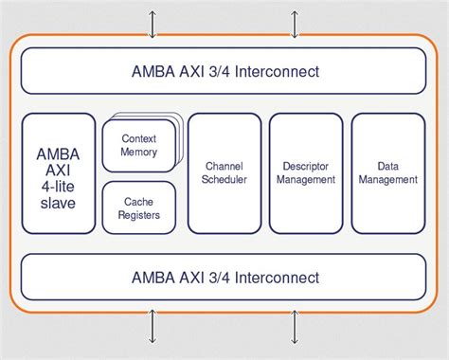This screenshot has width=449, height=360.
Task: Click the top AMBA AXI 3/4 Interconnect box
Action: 224,71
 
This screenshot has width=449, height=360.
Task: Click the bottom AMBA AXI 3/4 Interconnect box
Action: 224,278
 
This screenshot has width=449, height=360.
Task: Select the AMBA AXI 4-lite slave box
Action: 58,173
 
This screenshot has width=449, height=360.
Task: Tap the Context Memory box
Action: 139,145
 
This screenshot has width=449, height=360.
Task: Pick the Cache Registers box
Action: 139,208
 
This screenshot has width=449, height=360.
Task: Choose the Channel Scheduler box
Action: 224,173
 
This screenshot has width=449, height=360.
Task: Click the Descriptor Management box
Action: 306,173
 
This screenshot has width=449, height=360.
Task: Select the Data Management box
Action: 387,173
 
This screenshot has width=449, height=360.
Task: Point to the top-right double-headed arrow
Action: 295,24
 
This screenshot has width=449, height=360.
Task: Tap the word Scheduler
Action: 224,179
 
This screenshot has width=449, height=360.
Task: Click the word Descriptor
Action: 306,165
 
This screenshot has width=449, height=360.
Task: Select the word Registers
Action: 139,215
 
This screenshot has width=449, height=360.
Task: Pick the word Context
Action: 139,138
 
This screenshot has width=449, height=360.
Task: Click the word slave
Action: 58,203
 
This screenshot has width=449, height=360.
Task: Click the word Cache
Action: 139,201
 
